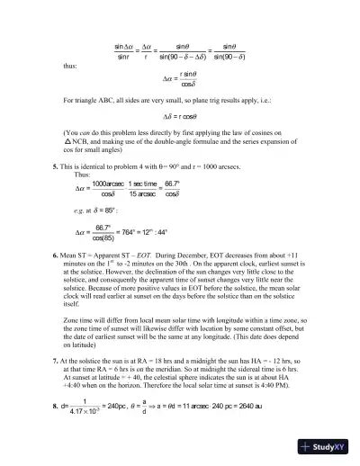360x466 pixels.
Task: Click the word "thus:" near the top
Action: pos(68,66)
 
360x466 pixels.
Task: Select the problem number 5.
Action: pos(56,167)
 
